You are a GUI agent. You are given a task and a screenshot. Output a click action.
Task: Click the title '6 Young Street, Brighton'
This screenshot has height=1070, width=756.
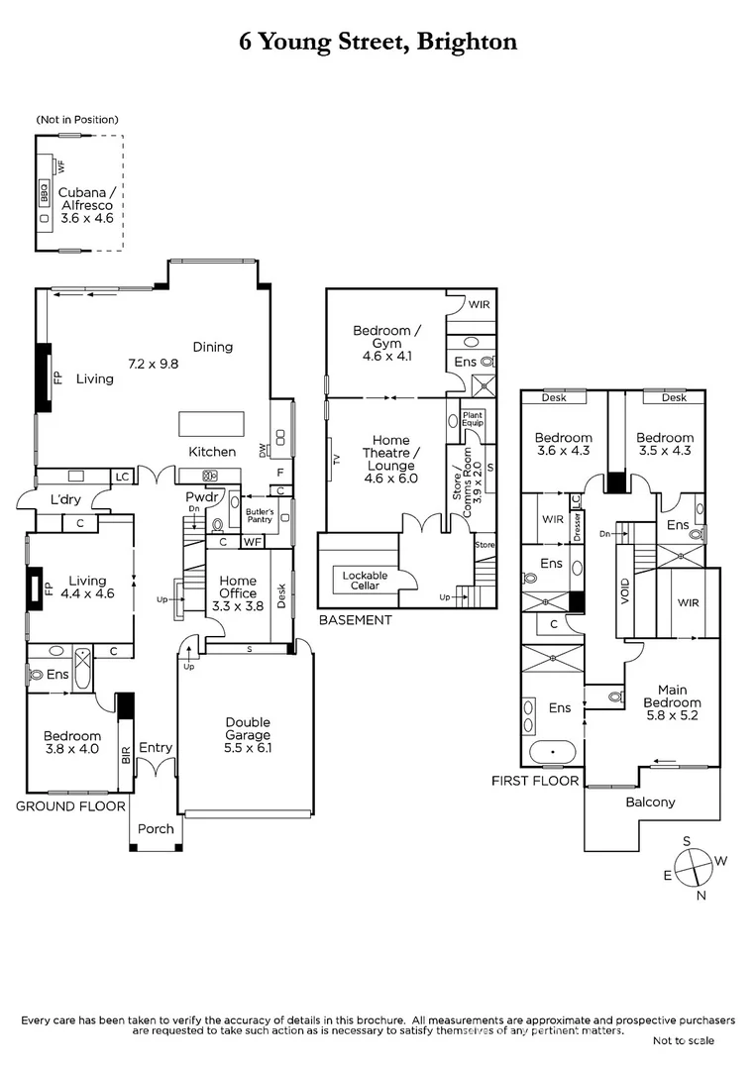click(378, 42)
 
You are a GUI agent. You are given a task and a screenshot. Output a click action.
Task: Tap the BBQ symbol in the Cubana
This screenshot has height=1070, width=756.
click(45, 191)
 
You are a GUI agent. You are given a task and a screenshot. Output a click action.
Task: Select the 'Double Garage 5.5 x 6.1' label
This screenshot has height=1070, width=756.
click(247, 735)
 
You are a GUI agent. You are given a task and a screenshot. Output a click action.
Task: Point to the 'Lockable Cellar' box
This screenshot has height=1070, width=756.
click(365, 581)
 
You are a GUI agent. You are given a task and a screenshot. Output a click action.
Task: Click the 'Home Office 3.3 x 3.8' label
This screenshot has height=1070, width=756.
click(238, 593)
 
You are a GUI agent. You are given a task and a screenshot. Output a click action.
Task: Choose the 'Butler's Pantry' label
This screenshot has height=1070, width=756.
click(260, 516)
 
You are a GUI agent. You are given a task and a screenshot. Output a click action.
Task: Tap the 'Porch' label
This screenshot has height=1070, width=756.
click(156, 828)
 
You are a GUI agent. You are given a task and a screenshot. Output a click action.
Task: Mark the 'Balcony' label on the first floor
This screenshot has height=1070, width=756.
click(650, 802)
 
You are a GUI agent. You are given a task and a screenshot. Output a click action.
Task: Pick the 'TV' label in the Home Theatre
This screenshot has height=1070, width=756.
click(337, 459)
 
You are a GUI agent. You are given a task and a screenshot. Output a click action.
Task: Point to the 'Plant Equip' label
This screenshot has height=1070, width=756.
click(472, 421)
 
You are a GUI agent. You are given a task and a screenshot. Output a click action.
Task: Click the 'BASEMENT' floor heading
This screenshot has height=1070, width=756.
click(355, 620)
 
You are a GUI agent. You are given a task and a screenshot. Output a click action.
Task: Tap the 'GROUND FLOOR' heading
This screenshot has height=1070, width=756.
click(69, 806)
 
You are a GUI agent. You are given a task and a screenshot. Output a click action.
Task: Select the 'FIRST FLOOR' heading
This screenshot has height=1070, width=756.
click(535, 781)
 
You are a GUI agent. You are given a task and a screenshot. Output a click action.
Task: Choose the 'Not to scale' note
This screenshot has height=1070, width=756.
click(682, 1040)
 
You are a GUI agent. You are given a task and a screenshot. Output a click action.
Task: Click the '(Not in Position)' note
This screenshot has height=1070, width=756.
click(78, 120)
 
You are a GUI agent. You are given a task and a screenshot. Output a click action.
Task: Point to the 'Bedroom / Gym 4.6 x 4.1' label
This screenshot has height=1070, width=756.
click(385, 342)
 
